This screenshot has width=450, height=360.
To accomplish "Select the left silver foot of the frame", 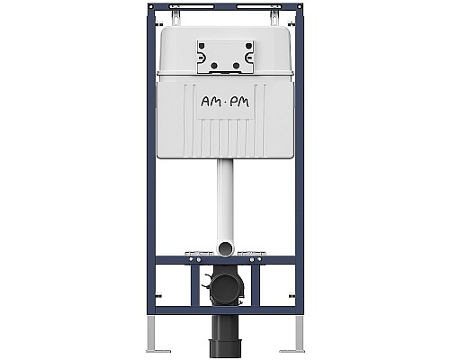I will [157, 344].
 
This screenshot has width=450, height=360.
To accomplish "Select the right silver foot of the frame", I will [292, 344].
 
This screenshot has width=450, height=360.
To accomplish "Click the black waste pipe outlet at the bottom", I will [225, 335].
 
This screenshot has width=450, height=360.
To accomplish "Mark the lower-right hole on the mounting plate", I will [237, 65].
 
